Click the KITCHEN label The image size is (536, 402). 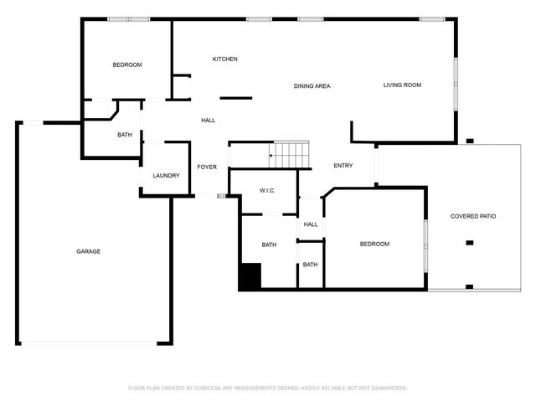click(x=224, y=59)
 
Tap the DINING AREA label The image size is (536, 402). click(x=311, y=86)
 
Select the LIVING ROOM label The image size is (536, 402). click(x=402, y=85)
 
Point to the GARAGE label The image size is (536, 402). click(x=89, y=251)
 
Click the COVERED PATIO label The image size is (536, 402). click(x=473, y=216)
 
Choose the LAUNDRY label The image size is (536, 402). click(x=166, y=176)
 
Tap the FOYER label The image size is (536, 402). click(x=207, y=167)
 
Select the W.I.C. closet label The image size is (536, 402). click(x=267, y=191)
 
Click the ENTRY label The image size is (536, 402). click(x=343, y=166)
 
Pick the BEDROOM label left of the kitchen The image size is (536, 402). click(x=127, y=64)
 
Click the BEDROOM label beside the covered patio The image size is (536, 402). click(x=374, y=244)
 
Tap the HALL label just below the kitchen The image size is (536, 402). click(x=209, y=121)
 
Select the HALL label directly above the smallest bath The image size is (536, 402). click(x=311, y=224)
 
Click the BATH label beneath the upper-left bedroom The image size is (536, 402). click(x=125, y=135)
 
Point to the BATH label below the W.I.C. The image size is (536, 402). click(x=269, y=245)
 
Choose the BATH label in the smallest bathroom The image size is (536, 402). click(x=311, y=265)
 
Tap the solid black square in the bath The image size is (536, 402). click(x=250, y=277)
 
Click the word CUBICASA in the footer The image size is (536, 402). click(x=214, y=388)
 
